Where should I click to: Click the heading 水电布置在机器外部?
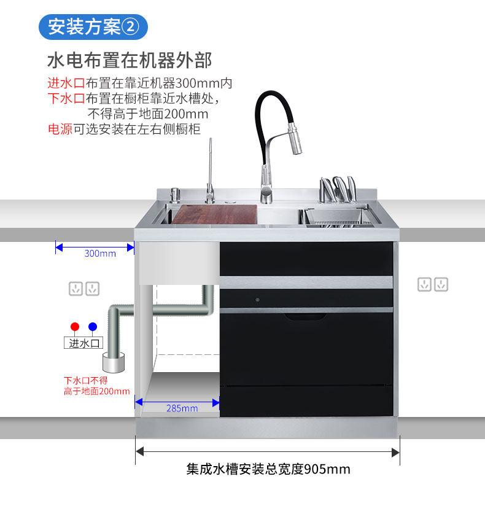point(130,61)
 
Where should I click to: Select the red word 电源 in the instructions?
point(60,129)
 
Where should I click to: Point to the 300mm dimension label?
point(99,253)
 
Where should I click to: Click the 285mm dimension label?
point(182,408)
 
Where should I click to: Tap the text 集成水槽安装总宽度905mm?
point(268,469)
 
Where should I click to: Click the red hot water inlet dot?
point(75,327)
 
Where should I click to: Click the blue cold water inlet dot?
point(92,327)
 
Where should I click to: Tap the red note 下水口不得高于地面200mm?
point(96,386)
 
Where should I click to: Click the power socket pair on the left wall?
point(84,288)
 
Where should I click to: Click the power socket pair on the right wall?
point(433,284)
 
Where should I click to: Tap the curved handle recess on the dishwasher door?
point(305,317)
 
